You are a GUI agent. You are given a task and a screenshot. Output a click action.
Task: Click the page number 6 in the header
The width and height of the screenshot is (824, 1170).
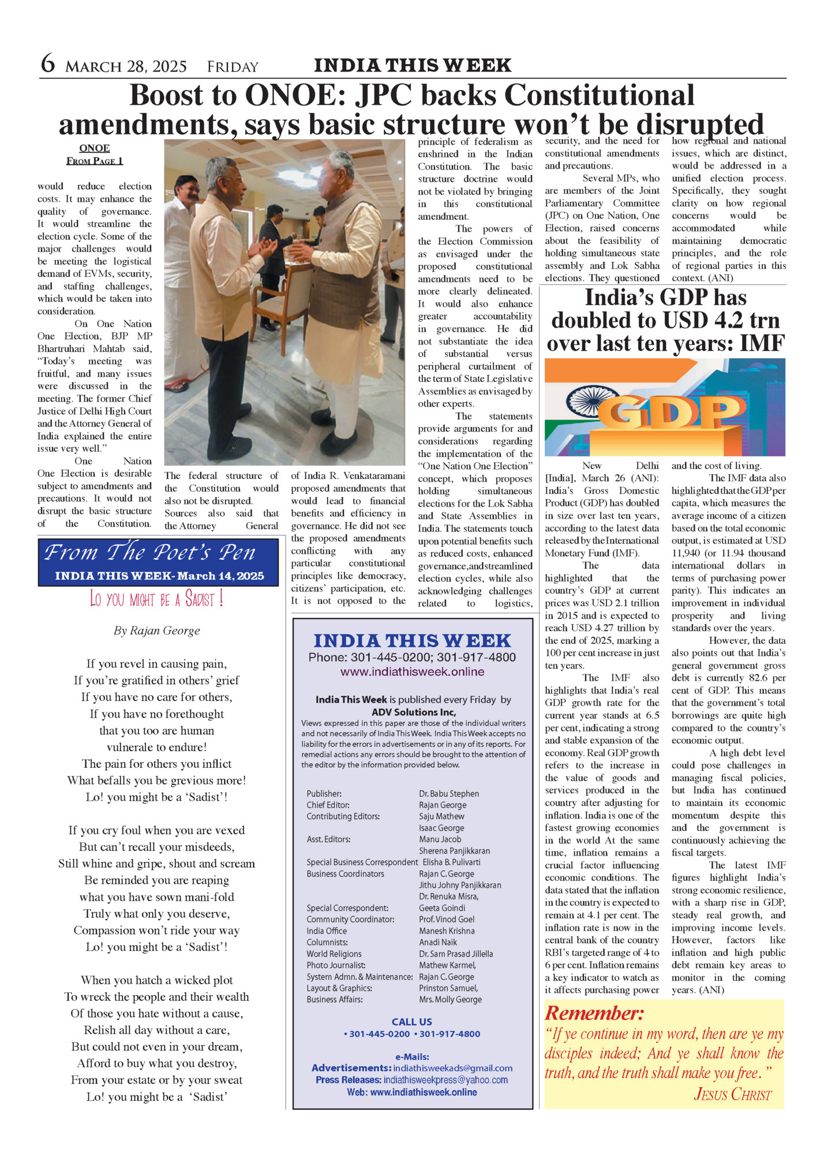48,63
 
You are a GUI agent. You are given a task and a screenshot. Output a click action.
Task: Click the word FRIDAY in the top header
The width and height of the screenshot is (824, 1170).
233,67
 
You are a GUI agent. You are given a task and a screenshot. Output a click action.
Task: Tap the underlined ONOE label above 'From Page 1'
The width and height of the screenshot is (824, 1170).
95,148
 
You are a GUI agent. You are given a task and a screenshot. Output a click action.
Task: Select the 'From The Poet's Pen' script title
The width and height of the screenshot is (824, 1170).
150,553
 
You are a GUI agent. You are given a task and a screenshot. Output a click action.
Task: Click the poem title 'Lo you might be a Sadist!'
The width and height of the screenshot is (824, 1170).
156,599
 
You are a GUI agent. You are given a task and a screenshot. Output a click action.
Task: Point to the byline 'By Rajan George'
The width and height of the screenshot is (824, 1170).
157,631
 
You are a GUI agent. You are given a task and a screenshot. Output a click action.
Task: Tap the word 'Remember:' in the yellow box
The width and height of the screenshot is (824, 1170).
594,1013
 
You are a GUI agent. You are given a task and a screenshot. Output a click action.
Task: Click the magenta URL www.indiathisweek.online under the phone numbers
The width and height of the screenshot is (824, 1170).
412,672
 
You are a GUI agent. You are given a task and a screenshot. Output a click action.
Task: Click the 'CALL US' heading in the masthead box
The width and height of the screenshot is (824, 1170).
411,1022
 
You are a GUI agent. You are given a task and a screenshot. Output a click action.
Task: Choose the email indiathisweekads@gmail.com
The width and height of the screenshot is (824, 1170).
452,1068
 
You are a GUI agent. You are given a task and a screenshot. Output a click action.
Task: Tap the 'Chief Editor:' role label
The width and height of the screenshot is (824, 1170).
328,805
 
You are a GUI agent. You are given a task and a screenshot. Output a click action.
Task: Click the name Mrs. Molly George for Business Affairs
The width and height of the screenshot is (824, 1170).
450,1000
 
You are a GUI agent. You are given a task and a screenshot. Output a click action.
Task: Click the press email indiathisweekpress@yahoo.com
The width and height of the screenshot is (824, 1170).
445,1079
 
